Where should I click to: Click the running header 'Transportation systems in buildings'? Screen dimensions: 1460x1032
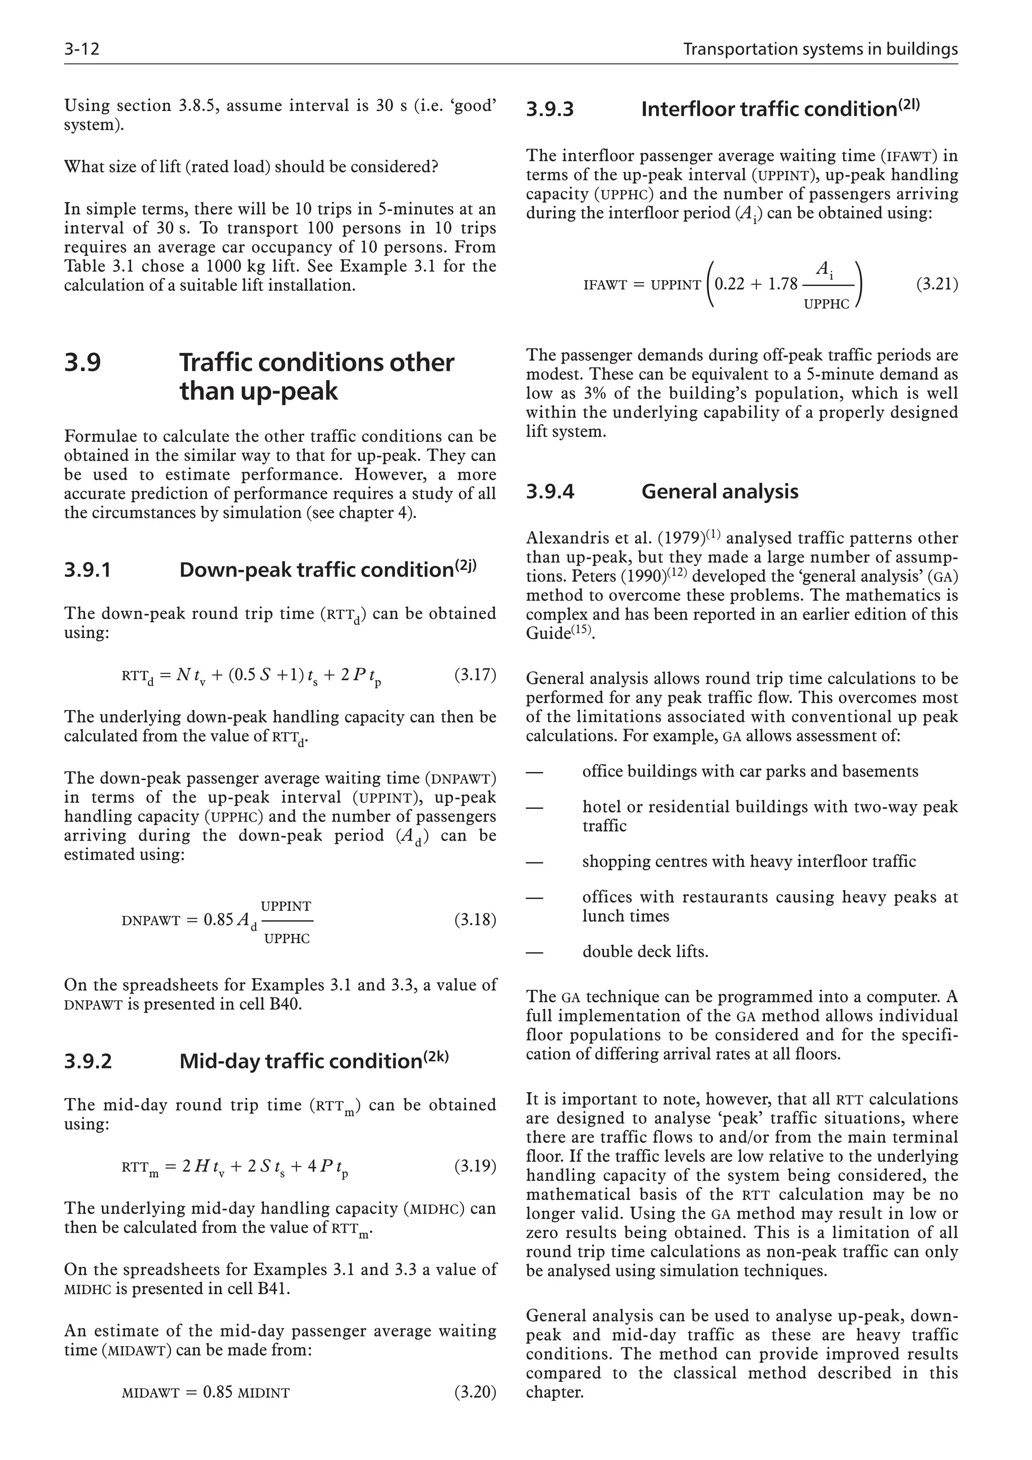tap(820, 49)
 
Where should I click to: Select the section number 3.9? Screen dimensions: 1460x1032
tap(82, 362)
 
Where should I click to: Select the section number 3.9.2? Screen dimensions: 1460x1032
tap(88, 1061)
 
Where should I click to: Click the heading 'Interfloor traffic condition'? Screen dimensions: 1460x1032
tap(769, 109)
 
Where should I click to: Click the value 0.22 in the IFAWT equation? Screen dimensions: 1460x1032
tap(729, 284)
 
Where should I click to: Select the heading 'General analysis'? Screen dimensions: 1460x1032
tap(719, 491)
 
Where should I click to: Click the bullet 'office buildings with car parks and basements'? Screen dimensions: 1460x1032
tap(750, 772)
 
